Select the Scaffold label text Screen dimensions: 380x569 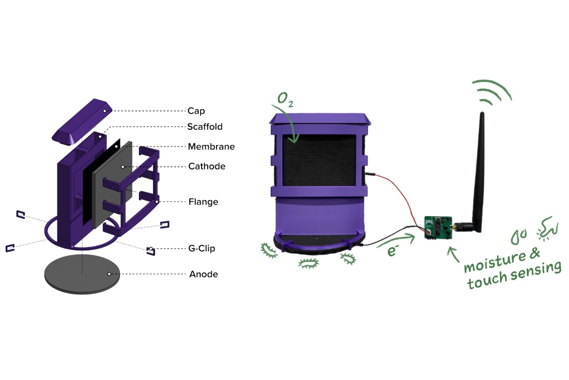205,127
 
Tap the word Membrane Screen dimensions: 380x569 211,147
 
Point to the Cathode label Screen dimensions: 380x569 207,166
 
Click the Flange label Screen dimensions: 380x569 203,202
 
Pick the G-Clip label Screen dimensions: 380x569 204,248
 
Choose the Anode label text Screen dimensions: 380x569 203,274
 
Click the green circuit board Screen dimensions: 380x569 436,228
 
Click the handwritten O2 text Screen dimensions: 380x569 284,99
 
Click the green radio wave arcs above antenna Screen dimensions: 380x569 493,93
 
